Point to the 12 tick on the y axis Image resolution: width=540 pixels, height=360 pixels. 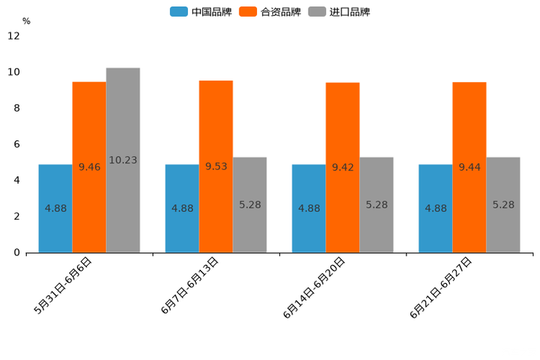(x=14, y=36)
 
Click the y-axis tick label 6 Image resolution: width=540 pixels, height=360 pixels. (x=17, y=144)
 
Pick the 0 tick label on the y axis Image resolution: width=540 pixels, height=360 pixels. (x=17, y=253)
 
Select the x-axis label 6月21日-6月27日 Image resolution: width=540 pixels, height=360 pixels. (x=442, y=287)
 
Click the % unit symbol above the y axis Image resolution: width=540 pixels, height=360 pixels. (x=26, y=21)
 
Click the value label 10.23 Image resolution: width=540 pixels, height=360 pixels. (x=123, y=160)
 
